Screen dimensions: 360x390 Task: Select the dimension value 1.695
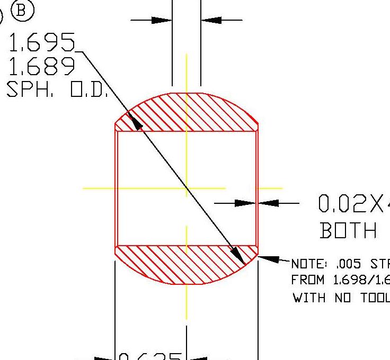pyautogui.click(x=42, y=43)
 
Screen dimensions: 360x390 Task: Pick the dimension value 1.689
pyautogui.click(x=41, y=67)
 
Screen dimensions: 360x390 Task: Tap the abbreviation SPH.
pyautogui.click(x=30, y=90)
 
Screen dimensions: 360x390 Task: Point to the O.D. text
pyautogui.click(x=89, y=90)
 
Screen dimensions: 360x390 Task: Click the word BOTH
pyautogui.click(x=348, y=231)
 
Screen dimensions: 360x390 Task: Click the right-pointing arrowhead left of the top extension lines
pyautogui.click(x=161, y=20)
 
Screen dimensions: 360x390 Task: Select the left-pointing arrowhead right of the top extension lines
pyautogui.click(x=211, y=20)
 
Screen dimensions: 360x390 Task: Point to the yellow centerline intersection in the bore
pyautogui.click(x=187, y=188)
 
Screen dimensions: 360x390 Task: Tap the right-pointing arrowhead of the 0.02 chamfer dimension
pyautogui.click(x=245, y=203)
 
